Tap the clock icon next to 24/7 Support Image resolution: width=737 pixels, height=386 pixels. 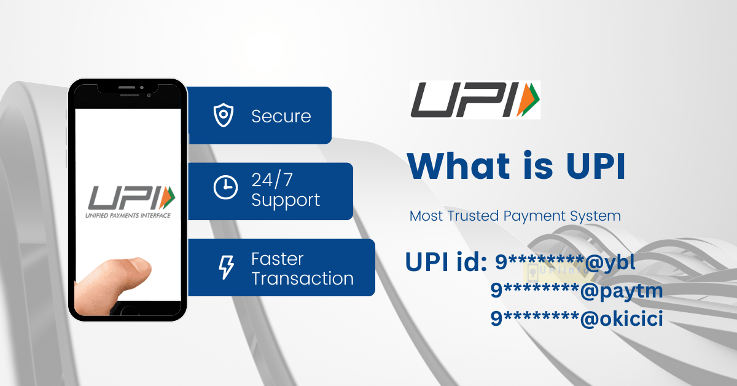click(x=225, y=187)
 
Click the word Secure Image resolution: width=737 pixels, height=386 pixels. click(x=281, y=116)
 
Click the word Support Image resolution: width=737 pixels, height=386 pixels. click(x=286, y=200)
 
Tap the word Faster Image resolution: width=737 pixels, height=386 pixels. click(x=277, y=259)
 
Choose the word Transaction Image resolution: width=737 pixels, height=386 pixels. click(x=302, y=278)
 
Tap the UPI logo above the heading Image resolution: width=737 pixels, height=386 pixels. click(x=475, y=100)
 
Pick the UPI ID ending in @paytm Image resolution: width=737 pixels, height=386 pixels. click(x=577, y=290)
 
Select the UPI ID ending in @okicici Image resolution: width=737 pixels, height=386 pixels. click(x=577, y=318)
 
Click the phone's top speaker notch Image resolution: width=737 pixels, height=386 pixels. click(x=128, y=90)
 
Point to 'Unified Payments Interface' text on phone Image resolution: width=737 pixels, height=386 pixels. click(x=128, y=216)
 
